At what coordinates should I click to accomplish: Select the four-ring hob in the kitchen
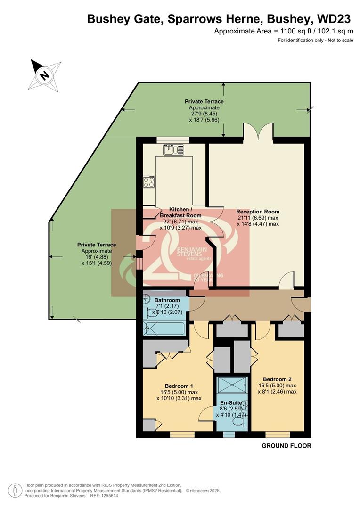(x=149, y=181)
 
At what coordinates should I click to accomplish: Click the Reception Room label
(x=258, y=212)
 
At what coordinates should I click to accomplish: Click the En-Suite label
(x=231, y=403)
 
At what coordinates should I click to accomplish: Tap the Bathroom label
(x=167, y=300)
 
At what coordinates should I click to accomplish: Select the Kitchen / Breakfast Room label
(x=180, y=212)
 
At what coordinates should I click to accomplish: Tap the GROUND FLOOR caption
(x=286, y=446)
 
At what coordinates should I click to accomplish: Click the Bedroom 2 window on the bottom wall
(x=274, y=435)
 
